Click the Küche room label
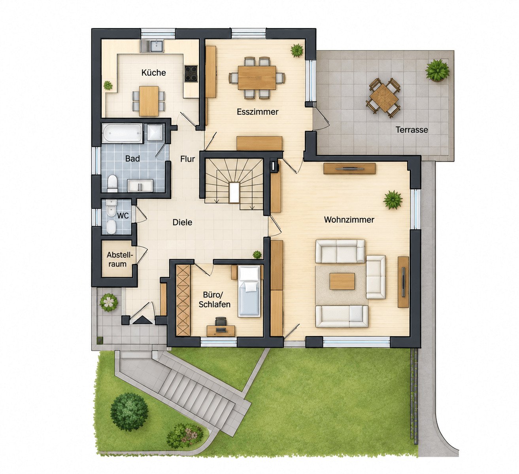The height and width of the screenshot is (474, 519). pos(153,72)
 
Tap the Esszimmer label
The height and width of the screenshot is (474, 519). pos(258,112)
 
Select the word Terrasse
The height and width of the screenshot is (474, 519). pos(411,130)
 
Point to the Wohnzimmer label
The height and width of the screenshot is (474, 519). pos(349,220)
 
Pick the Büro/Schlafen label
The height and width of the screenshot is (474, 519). pos(215,300)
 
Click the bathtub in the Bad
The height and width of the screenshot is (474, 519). pos(122,133)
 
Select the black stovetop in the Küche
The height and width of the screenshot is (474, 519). pos(191,74)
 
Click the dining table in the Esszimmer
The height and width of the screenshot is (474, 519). pos(257,78)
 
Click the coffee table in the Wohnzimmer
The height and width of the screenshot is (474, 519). pos(342,281)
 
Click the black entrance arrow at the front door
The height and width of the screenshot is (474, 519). pos(142,320)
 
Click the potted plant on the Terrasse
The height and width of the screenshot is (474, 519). pos(438,70)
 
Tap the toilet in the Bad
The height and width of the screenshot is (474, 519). pos(112,183)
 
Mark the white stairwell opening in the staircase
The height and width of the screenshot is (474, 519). pos(234,192)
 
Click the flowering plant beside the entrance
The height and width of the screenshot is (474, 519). pos(109,302)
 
